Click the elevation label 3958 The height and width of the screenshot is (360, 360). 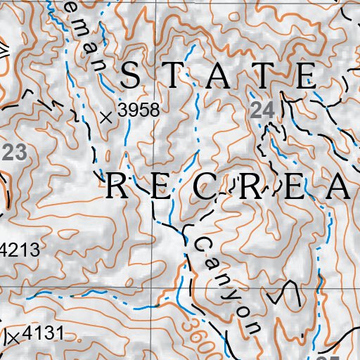[139, 110]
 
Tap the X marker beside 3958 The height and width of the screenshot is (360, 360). [106, 117]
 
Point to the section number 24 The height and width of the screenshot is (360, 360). [262, 110]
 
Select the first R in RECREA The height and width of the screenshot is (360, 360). [117, 188]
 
